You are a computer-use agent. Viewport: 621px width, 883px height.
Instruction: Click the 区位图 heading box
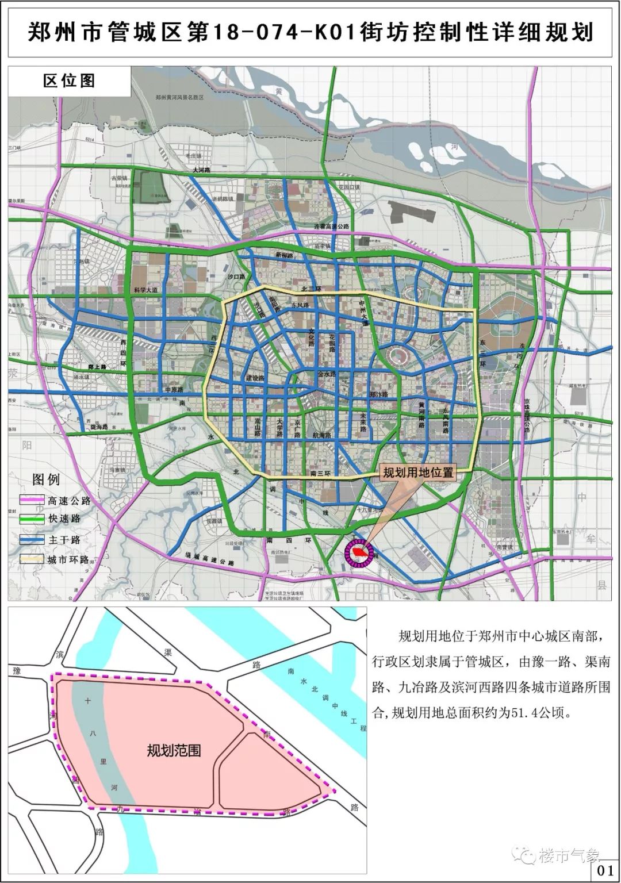point(69,81)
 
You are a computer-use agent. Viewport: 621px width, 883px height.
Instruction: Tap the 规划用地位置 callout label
point(418,473)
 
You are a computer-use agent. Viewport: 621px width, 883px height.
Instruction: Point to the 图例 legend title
point(46,479)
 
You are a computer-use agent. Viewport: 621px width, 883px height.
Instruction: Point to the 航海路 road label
point(322,435)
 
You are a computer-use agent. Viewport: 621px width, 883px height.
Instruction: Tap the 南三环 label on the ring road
point(320,474)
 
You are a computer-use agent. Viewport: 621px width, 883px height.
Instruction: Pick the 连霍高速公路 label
point(332,226)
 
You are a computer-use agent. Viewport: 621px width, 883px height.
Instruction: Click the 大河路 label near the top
point(202,171)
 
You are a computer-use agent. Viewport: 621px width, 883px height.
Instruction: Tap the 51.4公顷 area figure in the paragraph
point(540,713)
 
